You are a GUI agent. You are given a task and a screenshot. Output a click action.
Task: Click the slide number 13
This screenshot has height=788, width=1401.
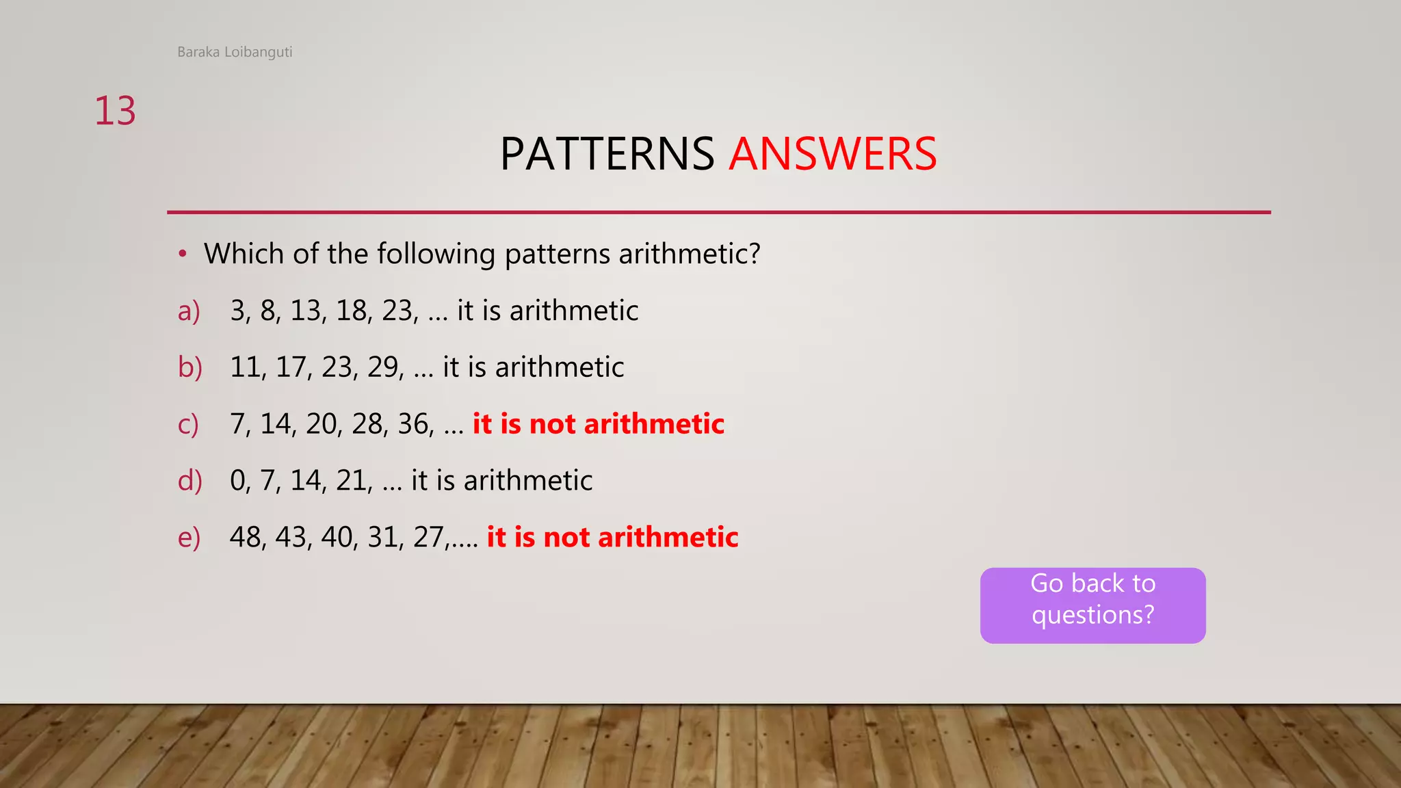coord(115,111)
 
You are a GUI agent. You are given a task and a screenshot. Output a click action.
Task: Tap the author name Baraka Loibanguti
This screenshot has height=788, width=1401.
coord(235,52)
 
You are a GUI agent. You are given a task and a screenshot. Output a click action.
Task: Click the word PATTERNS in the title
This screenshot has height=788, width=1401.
coord(607,154)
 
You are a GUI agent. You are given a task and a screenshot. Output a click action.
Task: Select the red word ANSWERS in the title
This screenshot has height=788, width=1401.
coord(833,154)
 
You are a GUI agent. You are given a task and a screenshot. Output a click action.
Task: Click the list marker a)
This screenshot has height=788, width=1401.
coord(189,311)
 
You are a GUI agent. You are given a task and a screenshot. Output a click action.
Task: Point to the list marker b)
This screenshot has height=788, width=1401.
coord(190,368)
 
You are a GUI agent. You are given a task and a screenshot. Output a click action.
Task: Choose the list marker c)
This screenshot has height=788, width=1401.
coord(188,425)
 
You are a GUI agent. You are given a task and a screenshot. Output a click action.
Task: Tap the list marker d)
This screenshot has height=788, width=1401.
coord(190,481)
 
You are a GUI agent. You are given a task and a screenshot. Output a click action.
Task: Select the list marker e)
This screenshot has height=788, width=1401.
coord(189,538)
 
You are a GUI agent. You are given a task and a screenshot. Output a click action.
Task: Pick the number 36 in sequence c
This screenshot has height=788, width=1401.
coord(414,425)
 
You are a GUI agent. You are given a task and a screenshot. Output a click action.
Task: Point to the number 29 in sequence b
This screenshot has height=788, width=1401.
coord(384,368)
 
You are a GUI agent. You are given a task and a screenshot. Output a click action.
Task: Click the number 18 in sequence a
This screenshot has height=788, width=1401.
coord(352,311)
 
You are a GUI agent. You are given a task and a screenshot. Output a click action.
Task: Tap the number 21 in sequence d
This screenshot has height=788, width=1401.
coord(352,481)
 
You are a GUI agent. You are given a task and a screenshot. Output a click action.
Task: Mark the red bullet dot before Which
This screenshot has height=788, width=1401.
coord(182,254)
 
